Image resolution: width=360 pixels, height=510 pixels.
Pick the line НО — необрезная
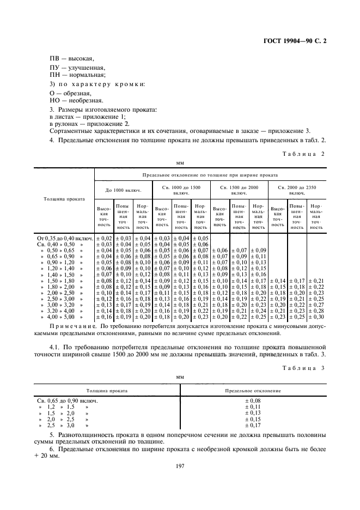(76, 100)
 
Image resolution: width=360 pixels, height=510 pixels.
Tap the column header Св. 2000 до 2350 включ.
(297, 190)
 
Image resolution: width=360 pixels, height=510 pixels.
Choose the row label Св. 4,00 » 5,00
(61, 317)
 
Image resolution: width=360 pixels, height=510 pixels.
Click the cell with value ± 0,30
(316, 317)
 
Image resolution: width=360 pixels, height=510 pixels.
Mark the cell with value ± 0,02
(104, 238)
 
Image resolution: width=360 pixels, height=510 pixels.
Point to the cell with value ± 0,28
(316, 310)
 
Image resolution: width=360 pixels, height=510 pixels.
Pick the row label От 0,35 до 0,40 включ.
(65, 238)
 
